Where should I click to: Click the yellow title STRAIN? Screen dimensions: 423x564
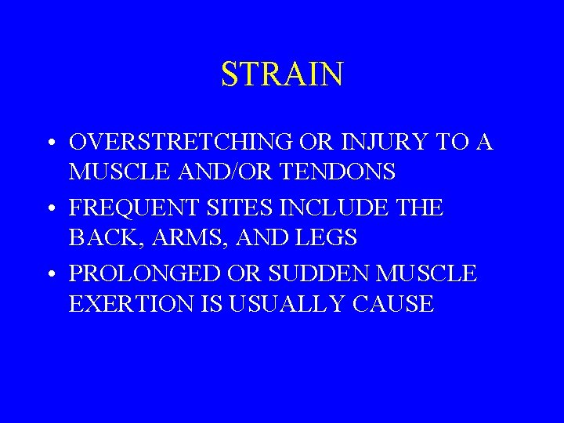point(282,74)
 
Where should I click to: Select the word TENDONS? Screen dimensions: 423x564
point(349,171)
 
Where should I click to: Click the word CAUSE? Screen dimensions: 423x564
point(394,302)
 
